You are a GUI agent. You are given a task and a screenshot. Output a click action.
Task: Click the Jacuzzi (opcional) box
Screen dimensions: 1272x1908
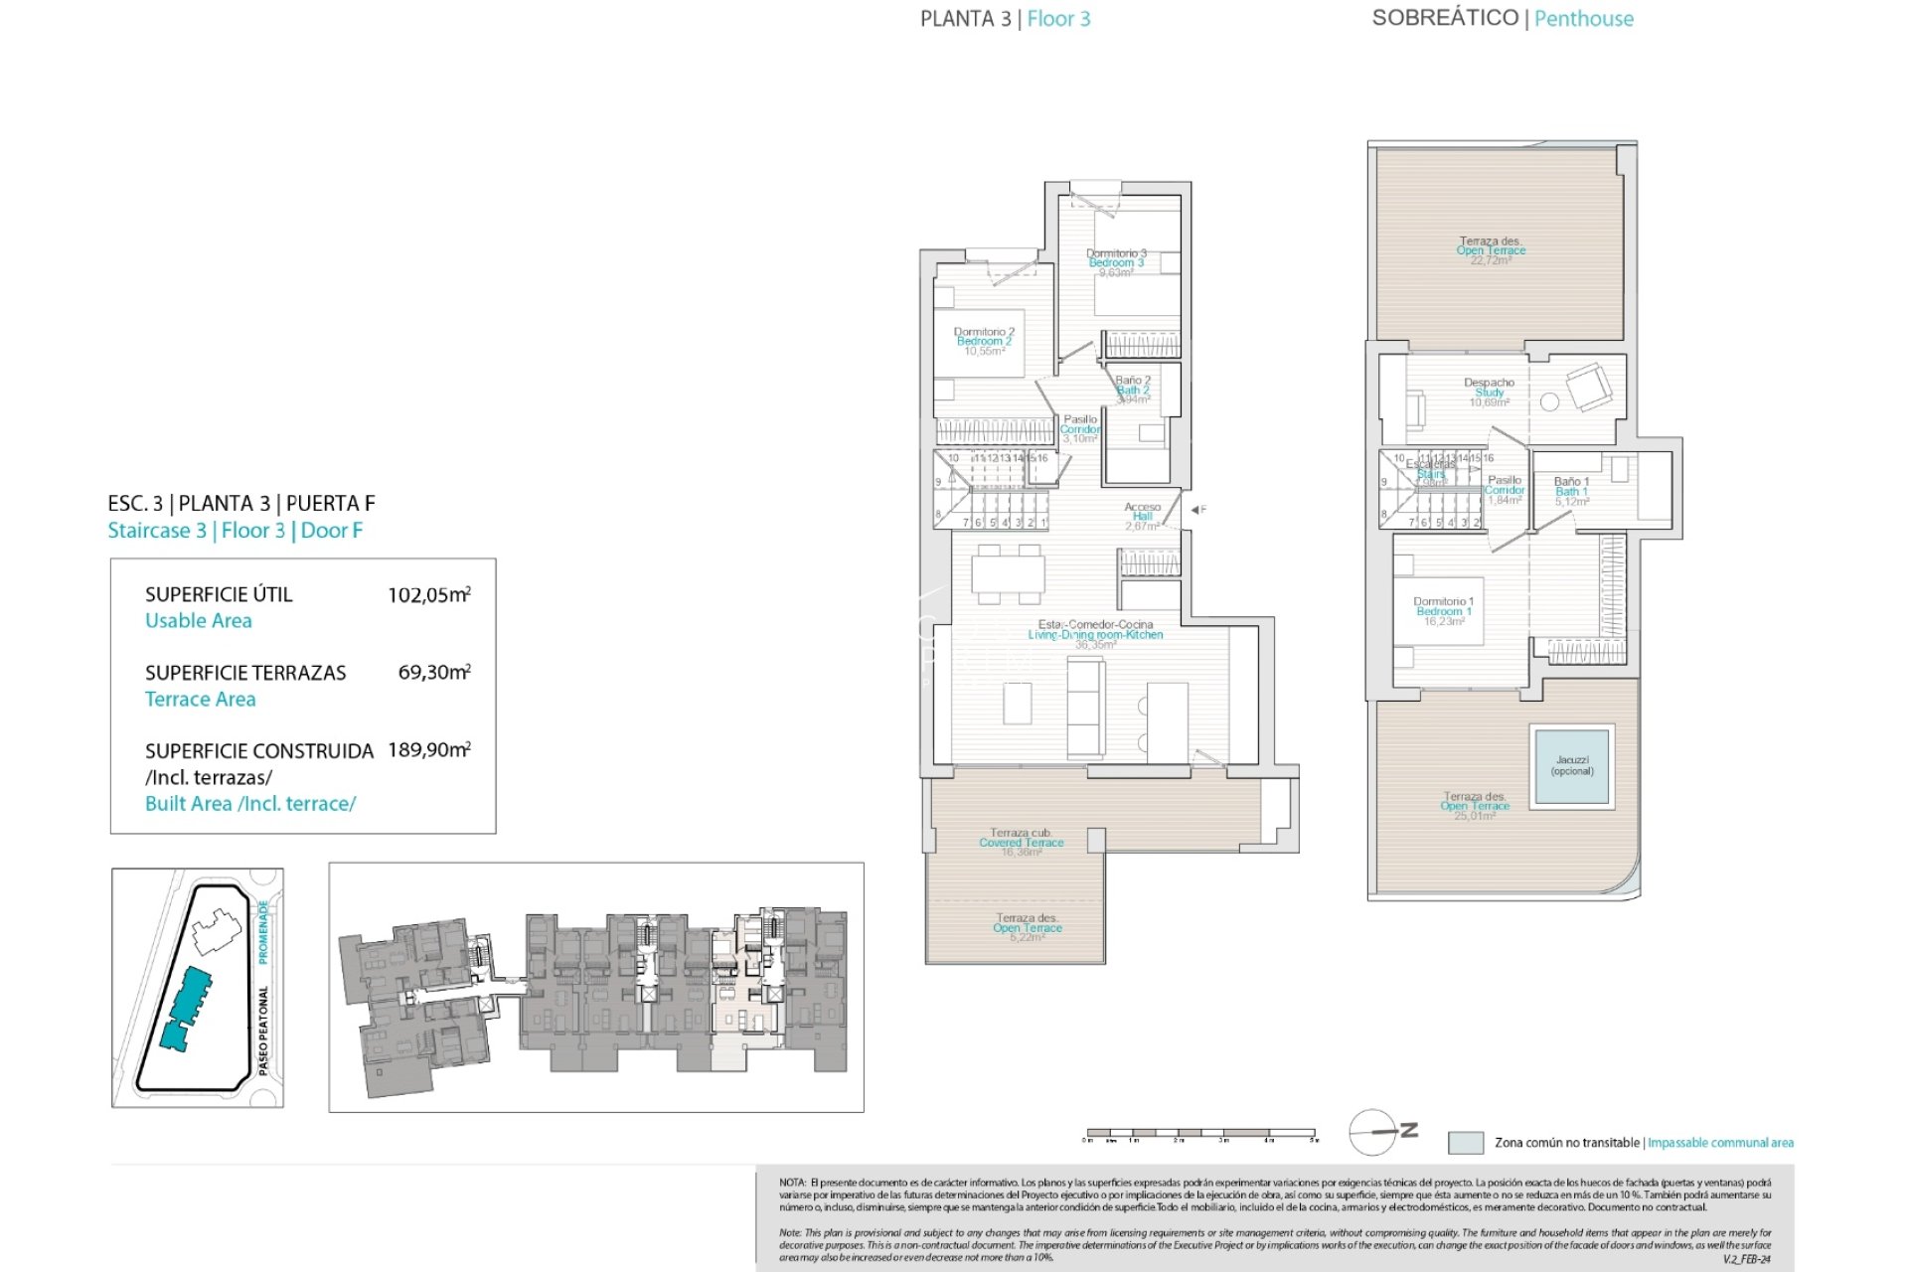(x=1572, y=766)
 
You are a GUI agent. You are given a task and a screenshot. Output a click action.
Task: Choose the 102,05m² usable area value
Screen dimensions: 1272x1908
(x=428, y=594)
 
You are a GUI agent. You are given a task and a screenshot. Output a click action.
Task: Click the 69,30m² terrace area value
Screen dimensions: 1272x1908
(x=433, y=672)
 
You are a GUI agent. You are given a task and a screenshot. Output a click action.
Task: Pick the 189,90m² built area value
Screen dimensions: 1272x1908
(x=428, y=749)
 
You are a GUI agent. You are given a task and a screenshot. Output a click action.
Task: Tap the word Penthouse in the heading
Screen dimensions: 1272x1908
(x=1583, y=19)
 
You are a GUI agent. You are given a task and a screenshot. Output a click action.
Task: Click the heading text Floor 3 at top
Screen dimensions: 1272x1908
(x=1058, y=19)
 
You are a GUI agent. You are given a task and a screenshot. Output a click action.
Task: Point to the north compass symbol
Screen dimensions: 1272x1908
(x=1381, y=1132)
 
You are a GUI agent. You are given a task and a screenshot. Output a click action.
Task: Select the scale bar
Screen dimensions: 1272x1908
(x=1200, y=1133)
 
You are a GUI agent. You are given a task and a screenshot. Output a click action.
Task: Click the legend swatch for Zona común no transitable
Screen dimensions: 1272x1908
(x=1465, y=1143)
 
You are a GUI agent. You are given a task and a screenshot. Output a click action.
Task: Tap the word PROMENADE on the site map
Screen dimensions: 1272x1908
(x=263, y=931)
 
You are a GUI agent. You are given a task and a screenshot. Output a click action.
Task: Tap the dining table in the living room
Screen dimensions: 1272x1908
(x=1008, y=574)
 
